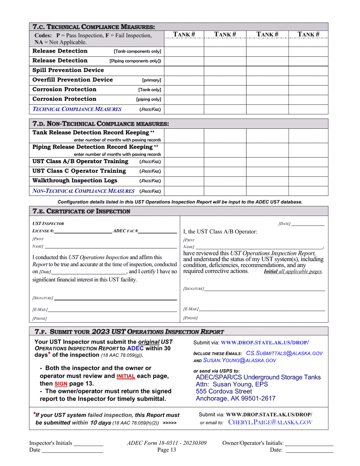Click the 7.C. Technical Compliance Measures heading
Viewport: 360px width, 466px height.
click(94, 27)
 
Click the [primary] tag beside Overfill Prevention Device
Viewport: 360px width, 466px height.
click(152, 80)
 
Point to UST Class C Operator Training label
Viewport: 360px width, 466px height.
click(79, 171)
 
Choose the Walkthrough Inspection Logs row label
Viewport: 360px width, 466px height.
click(75, 181)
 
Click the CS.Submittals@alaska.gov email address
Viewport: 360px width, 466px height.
click(284, 353)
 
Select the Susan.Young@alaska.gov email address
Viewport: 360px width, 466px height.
click(239, 361)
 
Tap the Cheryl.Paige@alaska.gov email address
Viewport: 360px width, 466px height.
click(271, 422)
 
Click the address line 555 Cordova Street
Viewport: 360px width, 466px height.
click(224, 391)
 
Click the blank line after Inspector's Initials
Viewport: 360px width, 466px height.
click(88, 443)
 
